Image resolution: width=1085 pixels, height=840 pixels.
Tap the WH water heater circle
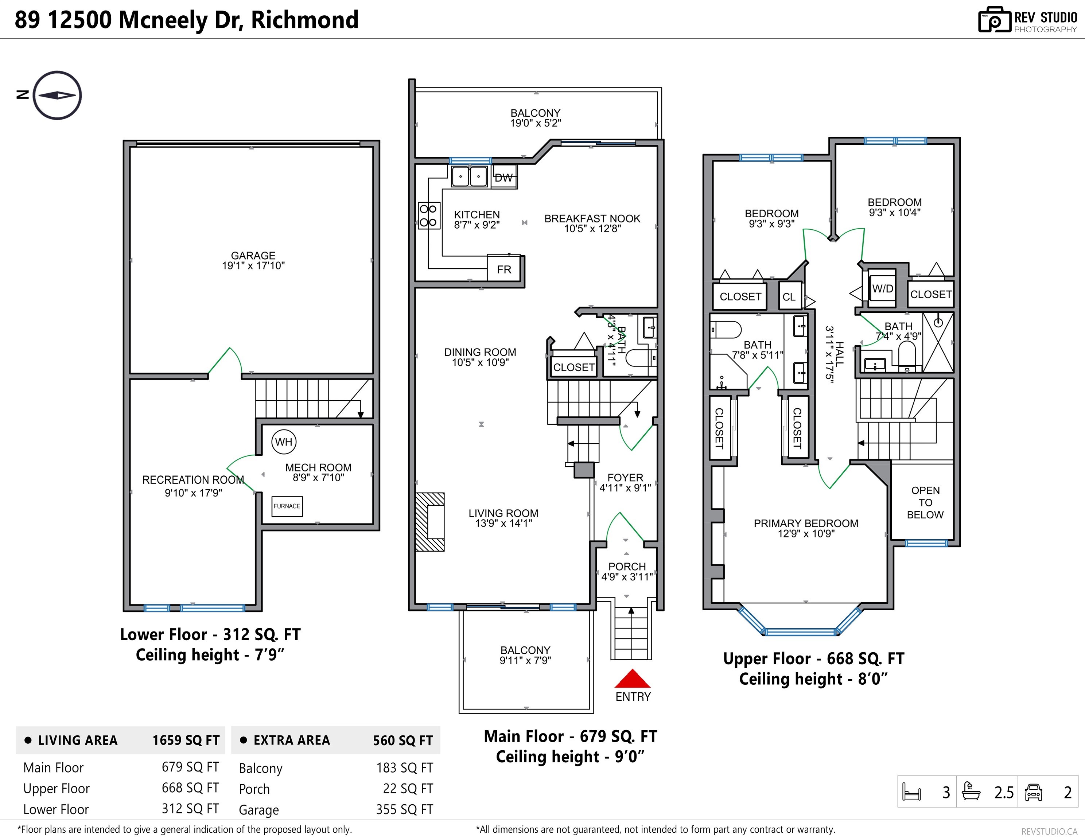point(284,442)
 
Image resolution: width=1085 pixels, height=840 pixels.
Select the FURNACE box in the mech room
point(287,506)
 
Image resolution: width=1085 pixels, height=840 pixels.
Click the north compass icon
point(57,96)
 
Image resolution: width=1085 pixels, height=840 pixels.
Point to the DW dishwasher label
point(504,177)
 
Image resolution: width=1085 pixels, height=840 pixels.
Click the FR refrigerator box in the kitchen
point(504,269)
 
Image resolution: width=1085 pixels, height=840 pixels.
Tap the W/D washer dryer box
point(883,288)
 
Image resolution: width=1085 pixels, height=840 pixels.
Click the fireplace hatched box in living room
point(430,522)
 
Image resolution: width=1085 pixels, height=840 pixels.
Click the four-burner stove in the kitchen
point(428,215)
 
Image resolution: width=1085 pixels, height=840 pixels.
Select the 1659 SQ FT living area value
point(186,740)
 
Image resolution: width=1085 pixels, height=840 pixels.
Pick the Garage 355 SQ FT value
point(404,809)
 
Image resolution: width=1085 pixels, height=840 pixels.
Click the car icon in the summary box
point(1033,792)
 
